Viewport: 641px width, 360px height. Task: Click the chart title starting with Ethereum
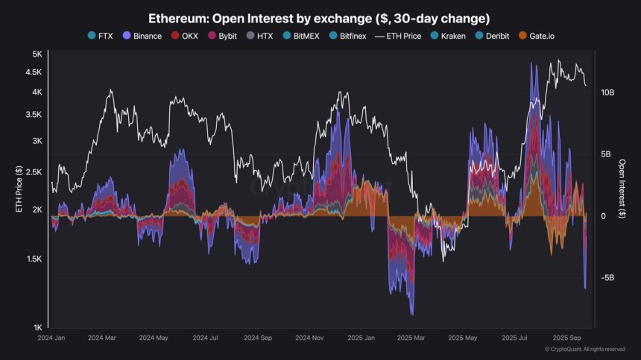coord(319,16)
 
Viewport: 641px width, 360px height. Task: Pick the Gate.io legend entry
coord(549,36)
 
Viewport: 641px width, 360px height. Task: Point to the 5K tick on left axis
coord(37,54)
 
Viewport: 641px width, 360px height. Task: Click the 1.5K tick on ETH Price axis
coord(34,259)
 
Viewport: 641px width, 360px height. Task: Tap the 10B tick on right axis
coord(607,92)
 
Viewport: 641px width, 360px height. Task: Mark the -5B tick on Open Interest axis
coord(607,278)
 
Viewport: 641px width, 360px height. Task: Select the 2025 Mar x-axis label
coord(411,337)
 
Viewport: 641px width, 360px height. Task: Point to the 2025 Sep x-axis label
coord(567,337)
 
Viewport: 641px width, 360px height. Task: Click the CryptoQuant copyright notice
coord(584,349)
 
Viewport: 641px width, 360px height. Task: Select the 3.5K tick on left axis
coord(34,115)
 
